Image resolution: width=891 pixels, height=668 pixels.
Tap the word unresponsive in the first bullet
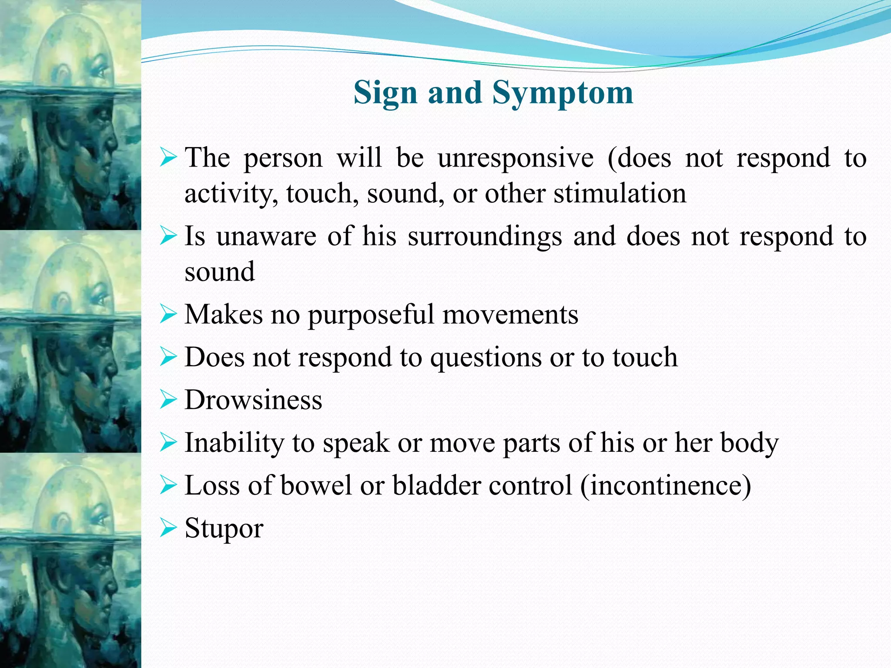tap(516, 158)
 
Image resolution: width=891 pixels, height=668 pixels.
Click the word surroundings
tap(485, 237)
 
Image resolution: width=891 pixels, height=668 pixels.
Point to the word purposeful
tap(371, 315)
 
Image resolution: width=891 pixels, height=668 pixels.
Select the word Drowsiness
tap(253, 400)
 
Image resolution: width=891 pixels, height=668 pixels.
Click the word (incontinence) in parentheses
tap(666, 486)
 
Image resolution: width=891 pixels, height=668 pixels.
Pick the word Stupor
tap(224, 529)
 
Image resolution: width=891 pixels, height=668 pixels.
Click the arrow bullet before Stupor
tap(168, 529)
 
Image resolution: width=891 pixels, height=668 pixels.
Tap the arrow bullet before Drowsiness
tap(168, 400)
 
